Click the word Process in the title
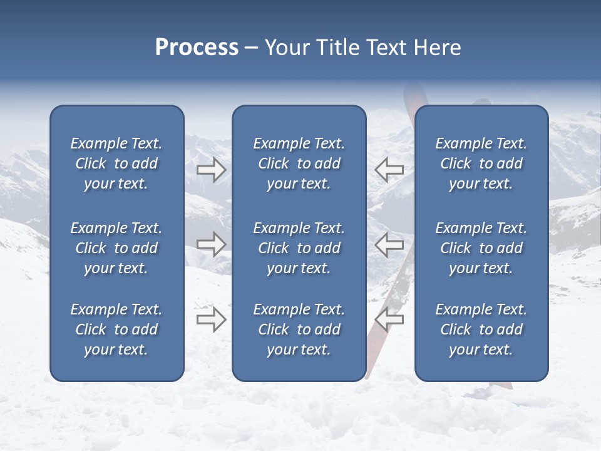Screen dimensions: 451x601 coord(197,48)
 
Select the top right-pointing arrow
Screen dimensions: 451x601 coord(211,170)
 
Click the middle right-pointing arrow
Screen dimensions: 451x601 coord(211,244)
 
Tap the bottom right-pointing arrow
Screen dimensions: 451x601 coord(211,319)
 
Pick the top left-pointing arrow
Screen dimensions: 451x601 coord(389,170)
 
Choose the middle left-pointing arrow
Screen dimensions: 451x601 coord(389,244)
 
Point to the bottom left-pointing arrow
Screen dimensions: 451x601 coord(389,319)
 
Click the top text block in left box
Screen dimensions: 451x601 coord(116,163)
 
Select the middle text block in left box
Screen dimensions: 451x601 coord(116,248)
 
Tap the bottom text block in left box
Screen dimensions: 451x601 coord(116,329)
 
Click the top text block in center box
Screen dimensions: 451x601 coord(299,163)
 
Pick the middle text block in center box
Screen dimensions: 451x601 coord(299,248)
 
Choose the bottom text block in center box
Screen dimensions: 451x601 coord(299,329)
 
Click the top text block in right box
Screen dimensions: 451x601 coord(481,163)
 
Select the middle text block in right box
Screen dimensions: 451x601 coord(481,248)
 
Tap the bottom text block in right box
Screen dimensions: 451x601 coord(481,329)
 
